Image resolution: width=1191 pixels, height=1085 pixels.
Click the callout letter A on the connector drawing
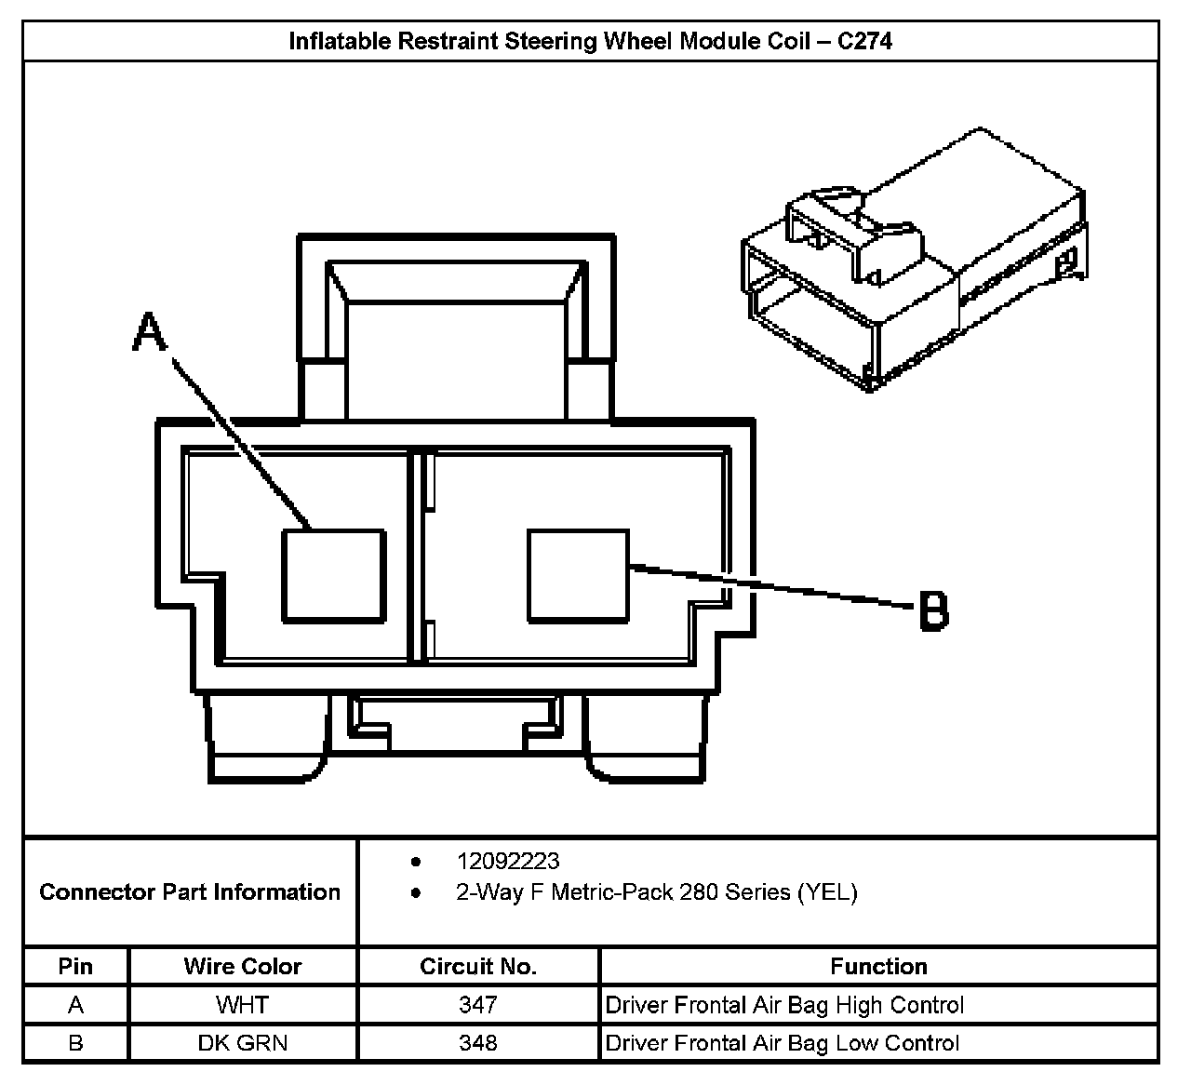coord(148,332)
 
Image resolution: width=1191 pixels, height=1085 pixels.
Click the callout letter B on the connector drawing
coord(933,611)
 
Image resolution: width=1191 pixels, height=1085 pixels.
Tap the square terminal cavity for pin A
coord(333,575)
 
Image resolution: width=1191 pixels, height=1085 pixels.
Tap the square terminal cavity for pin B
coord(578,575)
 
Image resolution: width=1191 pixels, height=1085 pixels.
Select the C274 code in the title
coord(864,41)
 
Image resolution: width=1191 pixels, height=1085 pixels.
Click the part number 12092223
coord(507,862)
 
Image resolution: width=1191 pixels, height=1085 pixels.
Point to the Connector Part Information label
coord(190,892)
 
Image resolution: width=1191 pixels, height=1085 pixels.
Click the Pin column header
coord(75,967)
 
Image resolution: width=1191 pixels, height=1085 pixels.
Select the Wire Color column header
coord(243,967)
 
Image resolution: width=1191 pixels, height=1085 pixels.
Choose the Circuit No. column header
coord(478,967)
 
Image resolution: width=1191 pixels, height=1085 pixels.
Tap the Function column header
coord(878,967)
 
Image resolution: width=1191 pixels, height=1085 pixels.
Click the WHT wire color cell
coord(243,1005)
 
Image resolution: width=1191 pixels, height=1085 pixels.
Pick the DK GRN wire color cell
coord(243,1043)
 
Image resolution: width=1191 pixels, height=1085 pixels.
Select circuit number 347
coord(478,1005)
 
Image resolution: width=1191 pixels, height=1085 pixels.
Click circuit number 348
coord(478,1043)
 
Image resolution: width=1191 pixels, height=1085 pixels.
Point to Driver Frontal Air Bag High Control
coord(784,1005)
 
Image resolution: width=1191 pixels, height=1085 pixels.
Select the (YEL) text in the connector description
coord(826,892)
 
